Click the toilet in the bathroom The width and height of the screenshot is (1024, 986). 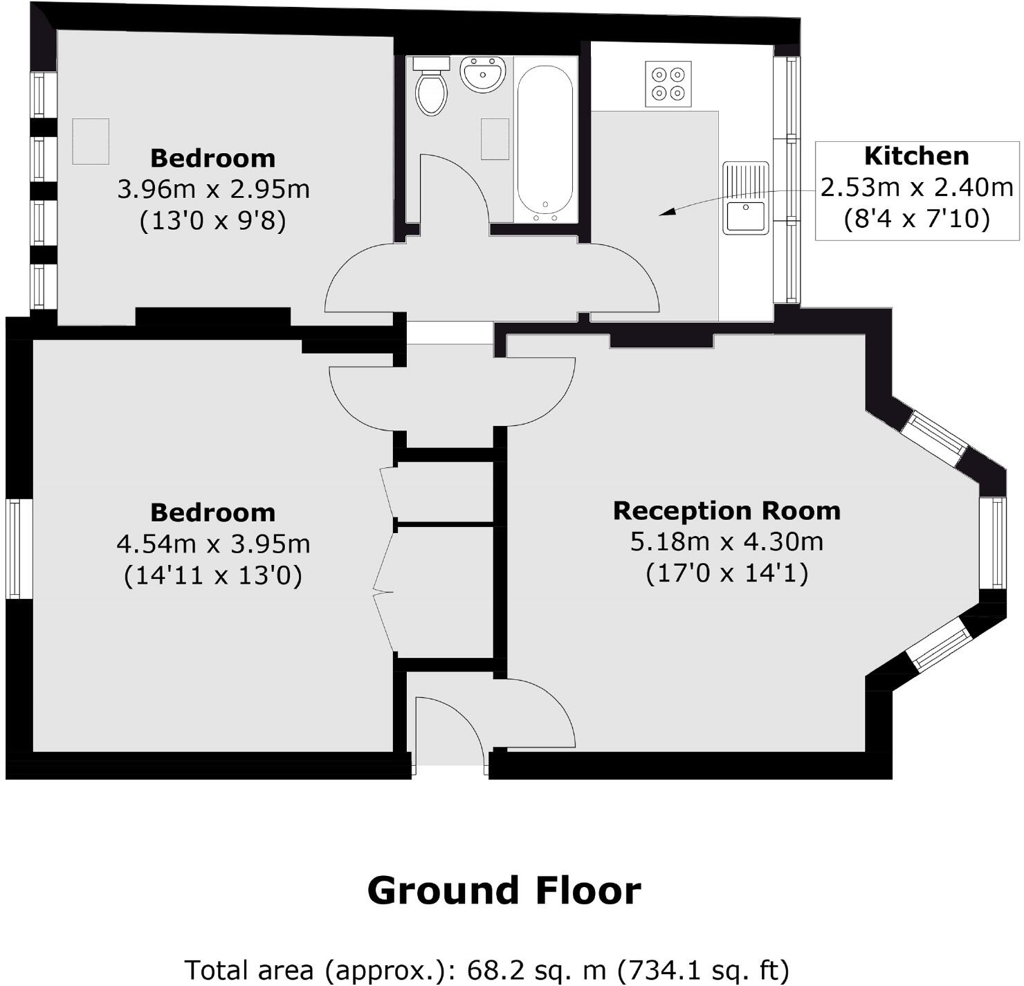point(431,90)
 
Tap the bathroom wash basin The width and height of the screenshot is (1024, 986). point(483,74)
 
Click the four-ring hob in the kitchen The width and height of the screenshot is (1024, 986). point(668,84)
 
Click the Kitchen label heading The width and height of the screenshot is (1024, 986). point(916,156)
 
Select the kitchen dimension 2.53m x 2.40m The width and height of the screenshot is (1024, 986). point(916,188)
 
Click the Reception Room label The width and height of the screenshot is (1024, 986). point(726,511)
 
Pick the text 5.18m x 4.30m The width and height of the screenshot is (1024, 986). point(726,541)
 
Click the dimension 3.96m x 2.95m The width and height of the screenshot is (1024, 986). point(213,189)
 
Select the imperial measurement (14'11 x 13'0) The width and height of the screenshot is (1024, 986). point(213,575)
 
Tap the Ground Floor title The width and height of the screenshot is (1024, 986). point(504,890)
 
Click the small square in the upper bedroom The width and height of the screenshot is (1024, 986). point(91,141)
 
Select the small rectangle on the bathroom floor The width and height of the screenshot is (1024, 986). point(495,139)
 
